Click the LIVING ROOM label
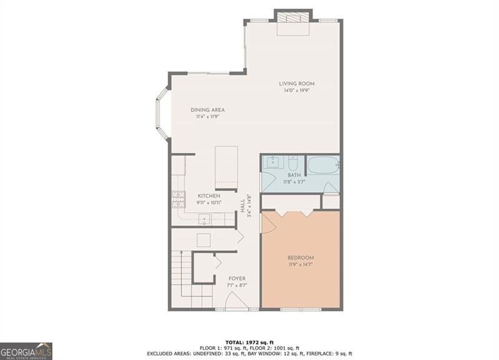[x=297, y=84]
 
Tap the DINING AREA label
[x=208, y=110]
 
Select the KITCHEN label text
[x=209, y=196]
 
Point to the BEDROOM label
[x=301, y=258]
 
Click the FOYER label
[x=237, y=278]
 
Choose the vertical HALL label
[x=243, y=206]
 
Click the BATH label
[x=294, y=175]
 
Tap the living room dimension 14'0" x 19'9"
[x=297, y=90]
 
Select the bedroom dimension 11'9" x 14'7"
[x=301, y=264]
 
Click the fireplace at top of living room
[x=293, y=22]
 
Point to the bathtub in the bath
[x=323, y=165]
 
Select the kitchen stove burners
[x=178, y=199]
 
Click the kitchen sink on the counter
[x=205, y=218]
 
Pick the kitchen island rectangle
[x=226, y=168]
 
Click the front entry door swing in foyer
[x=237, y=301]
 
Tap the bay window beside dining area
[x=163, y=114]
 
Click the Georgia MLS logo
[x=26, y=351]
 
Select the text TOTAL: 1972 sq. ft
[x=249, y=343]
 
